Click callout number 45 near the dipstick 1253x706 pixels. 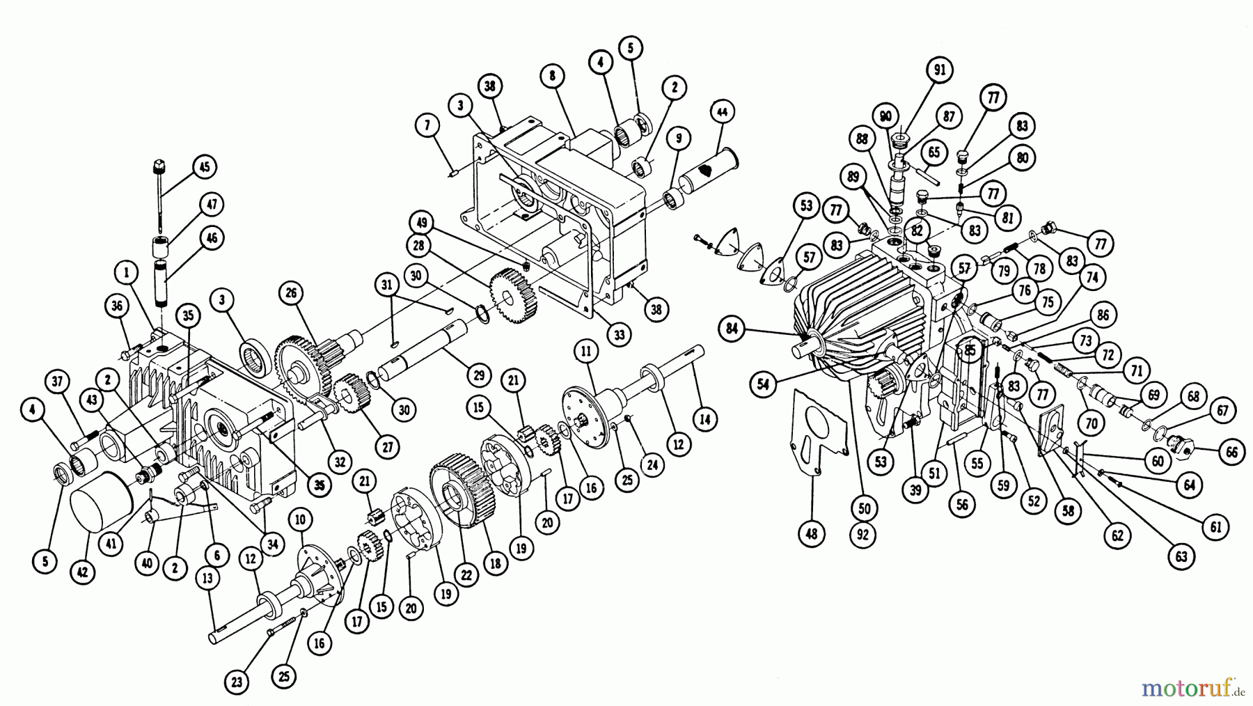coord(204,167)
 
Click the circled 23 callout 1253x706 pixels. coord(237,683)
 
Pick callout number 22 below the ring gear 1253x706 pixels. coord(466,575)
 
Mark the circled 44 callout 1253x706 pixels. coord(722,111)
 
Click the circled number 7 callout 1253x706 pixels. coord(427,125)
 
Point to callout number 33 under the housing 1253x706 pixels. coord(619,335)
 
